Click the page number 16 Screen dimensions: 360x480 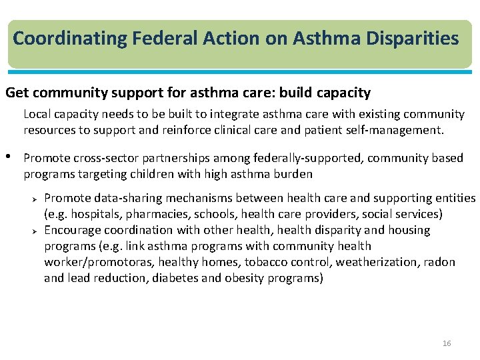[446, 343]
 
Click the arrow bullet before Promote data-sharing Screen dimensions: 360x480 [37, 198]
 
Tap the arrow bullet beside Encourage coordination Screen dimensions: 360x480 [37, 230]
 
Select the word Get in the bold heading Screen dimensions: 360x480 [17, 93]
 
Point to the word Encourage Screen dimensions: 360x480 [72, 230]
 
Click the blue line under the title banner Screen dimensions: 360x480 [240, 71]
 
